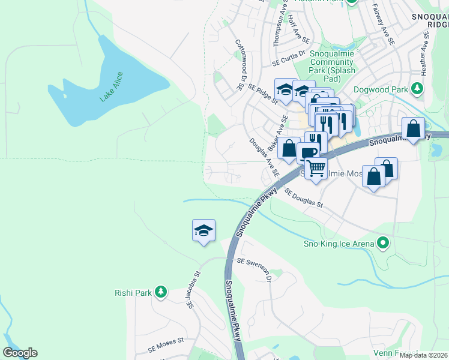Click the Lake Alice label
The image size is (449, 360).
click(x=111, y=87)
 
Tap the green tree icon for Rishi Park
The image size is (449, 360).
click(x=160, y=292)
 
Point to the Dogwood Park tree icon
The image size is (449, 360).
click(x=417, y=89)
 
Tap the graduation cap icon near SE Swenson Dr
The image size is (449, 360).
click(x=203, y=230)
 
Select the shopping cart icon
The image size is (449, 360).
click(x=316, y=168)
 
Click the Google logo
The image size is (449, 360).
click(x=20, y=353)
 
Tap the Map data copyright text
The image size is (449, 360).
click(x=424, y=355)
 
